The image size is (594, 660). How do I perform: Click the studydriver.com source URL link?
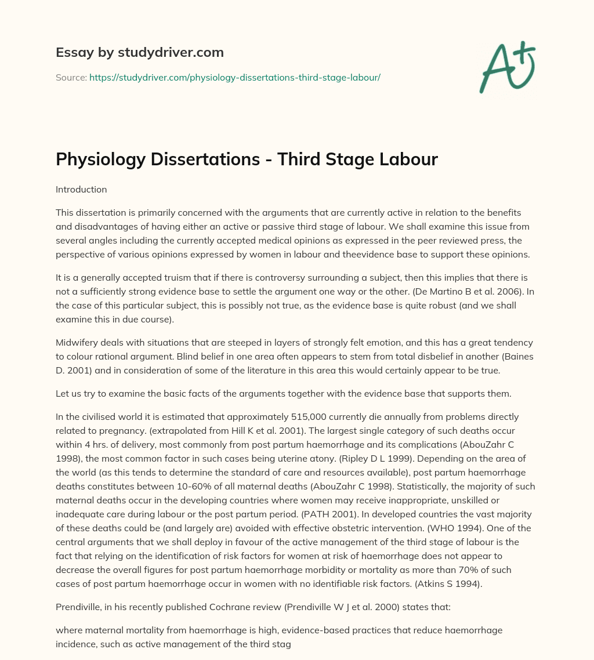[234, 77]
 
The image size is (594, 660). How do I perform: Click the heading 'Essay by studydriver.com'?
[140, 52]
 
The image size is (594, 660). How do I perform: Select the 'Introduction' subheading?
[81, 189]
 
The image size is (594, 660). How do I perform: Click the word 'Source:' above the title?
[71, 77]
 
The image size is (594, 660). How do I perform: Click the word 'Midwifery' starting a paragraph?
[77, 343]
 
